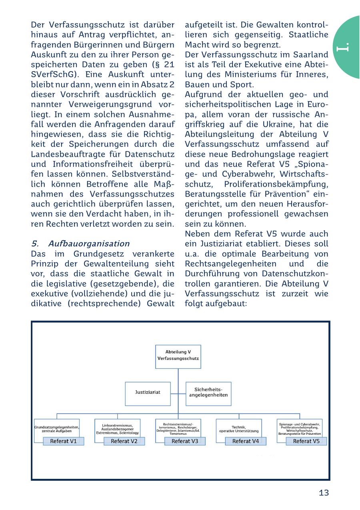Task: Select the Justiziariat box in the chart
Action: tap(148, 392)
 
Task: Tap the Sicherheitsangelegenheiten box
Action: tap(208, 392)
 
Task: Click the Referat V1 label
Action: tap(64, 441)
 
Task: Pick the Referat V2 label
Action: tap(124, 441)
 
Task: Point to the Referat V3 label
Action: tap(185, 441)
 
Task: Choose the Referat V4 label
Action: tap(246, 441)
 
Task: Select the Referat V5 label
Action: tap(306, 441)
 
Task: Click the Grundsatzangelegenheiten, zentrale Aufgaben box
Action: tap(57, 429)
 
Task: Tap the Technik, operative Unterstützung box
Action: tap(239, 429)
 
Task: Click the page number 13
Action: tap(324, 493)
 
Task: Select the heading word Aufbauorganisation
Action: tap(89, 244)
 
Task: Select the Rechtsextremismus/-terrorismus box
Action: tap(178, 428)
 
